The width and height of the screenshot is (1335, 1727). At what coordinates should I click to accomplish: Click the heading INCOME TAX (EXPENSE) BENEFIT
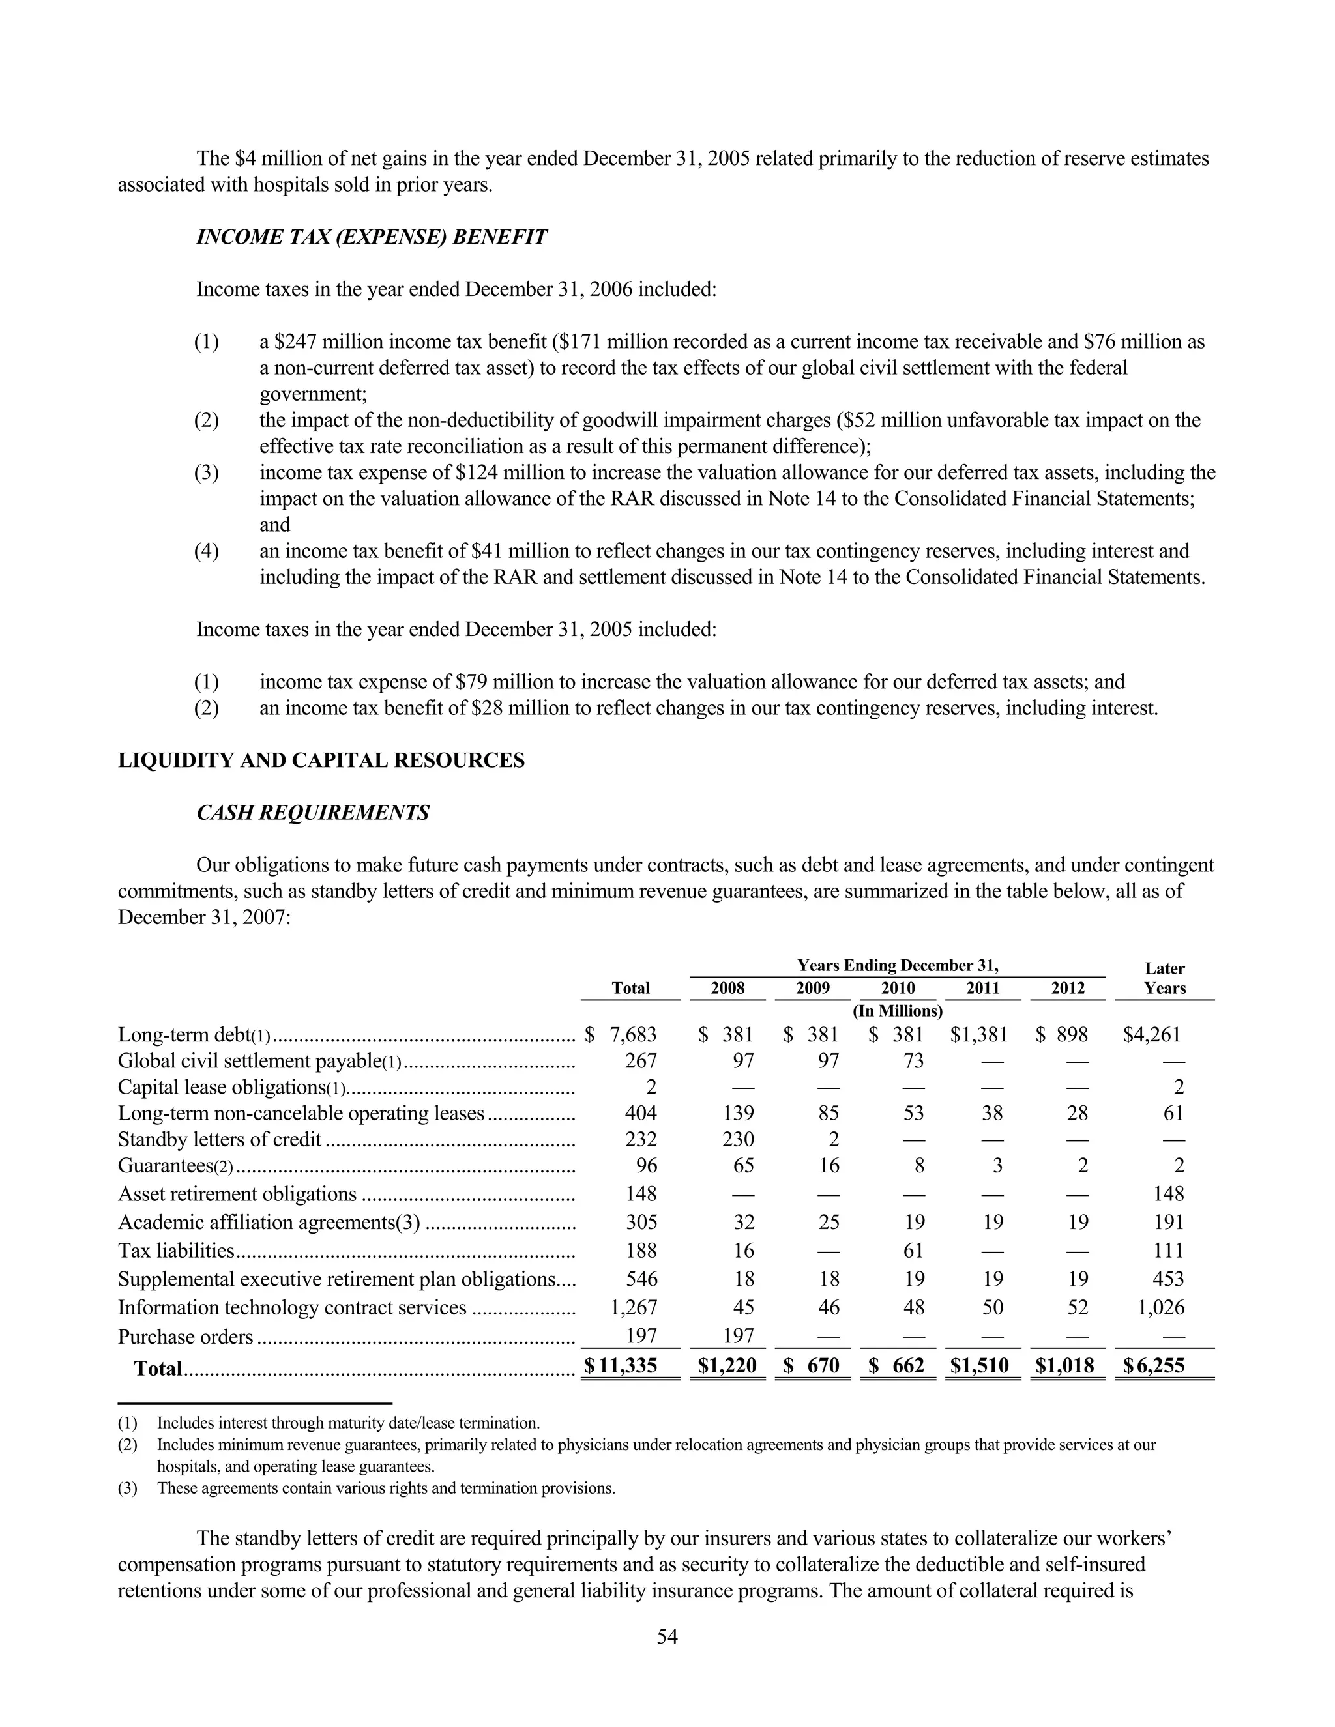coord(371,237)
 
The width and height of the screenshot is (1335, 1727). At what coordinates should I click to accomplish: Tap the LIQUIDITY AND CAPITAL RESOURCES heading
coord(321,760)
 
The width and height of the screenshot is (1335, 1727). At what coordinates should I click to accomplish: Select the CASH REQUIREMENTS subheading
coord(312,812)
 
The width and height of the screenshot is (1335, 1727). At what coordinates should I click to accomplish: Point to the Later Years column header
coord(1164,978)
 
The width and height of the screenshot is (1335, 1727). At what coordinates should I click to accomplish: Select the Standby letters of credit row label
coord(220,1139)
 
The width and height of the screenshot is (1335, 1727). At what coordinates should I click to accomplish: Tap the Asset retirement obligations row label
coord(237,1194)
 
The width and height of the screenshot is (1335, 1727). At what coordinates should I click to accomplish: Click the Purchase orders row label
coord(186,1337)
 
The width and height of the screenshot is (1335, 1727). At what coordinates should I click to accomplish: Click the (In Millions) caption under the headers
coord(897,1011)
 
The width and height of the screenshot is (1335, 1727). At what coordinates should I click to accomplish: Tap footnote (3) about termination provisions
coord(385,1488)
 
